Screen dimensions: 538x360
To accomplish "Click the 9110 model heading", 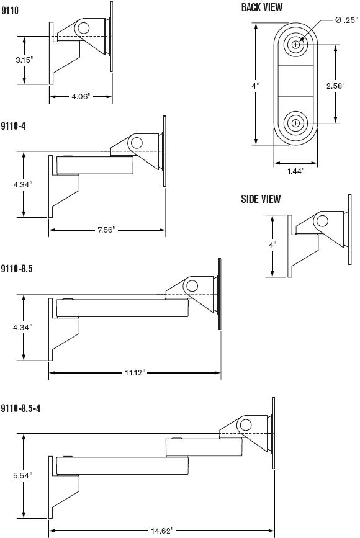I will coord(9,11).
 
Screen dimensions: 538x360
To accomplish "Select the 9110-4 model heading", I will coord(13,125).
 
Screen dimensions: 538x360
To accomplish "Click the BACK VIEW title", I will coord(261,7).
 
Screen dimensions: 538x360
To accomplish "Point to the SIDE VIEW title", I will coord(261,199).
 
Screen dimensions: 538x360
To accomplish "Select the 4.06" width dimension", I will coord(81,97).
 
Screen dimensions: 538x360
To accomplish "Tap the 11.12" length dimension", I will coord(134,373).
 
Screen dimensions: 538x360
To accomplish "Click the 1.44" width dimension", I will coord(295,171).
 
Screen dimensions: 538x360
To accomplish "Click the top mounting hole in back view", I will coord(295,45).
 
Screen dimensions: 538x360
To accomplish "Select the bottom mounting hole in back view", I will coord(295,123).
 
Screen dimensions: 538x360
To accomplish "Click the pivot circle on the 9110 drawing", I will coord(83,27).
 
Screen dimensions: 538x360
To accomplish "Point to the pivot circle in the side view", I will coord(323,220).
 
